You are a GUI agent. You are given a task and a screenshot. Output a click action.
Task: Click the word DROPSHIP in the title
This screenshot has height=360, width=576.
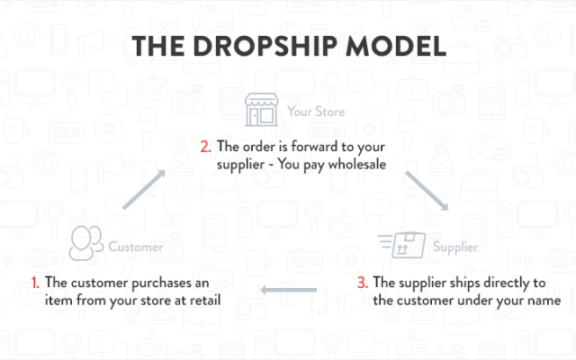[x=265, y=46]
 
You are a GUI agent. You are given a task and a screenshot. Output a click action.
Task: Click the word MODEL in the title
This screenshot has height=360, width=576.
[x=396, y=46]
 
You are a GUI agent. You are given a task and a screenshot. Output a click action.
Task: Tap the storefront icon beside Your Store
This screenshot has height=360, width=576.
[x=261, y=110]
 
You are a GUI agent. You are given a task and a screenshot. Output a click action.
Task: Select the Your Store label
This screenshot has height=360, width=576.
[x=316, y=112]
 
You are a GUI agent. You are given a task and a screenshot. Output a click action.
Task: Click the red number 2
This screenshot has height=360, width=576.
[x=205, y=147]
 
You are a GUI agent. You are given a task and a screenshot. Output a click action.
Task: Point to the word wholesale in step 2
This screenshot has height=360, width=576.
[x=357, y=164]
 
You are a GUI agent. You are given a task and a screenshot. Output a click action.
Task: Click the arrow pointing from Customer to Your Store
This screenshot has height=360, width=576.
[x=144, y=190]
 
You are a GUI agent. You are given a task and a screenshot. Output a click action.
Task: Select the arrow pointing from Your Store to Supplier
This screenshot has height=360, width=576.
[x=427, y=191]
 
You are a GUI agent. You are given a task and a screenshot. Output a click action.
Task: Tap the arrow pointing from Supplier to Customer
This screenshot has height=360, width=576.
[x=288, y=290]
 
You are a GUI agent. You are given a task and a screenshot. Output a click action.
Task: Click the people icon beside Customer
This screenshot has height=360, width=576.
[x=86, y=243]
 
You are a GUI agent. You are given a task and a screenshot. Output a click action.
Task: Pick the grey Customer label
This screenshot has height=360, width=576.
[x=136, y=247]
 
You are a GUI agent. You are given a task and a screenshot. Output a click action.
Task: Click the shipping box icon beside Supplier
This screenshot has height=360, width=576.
[x=401, y=245]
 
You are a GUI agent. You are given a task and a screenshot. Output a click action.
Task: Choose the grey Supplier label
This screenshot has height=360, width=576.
[x=455, y=247]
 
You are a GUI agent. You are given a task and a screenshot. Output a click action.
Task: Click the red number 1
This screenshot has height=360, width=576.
[x=35, y=283]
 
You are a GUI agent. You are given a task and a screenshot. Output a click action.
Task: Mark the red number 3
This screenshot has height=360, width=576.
[x=362, y=283]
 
